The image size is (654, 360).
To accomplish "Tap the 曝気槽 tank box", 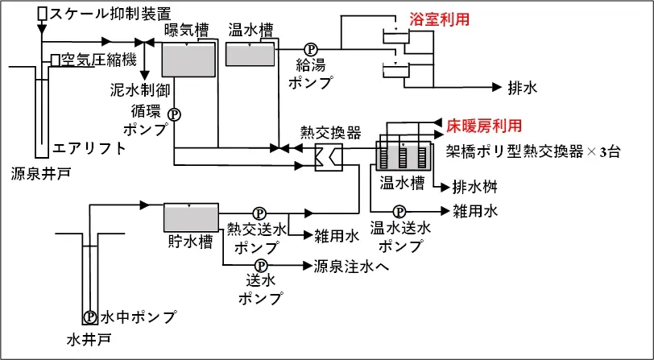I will [189, 58].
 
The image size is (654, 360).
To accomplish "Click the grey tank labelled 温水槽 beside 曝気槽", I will [250, 54].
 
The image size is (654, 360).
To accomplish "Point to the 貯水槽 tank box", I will [191, 217].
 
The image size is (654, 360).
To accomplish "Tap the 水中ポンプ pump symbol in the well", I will [90, 316].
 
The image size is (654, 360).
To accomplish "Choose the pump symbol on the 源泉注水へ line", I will [261, 265].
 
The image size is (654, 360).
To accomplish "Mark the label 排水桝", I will [474, 187].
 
